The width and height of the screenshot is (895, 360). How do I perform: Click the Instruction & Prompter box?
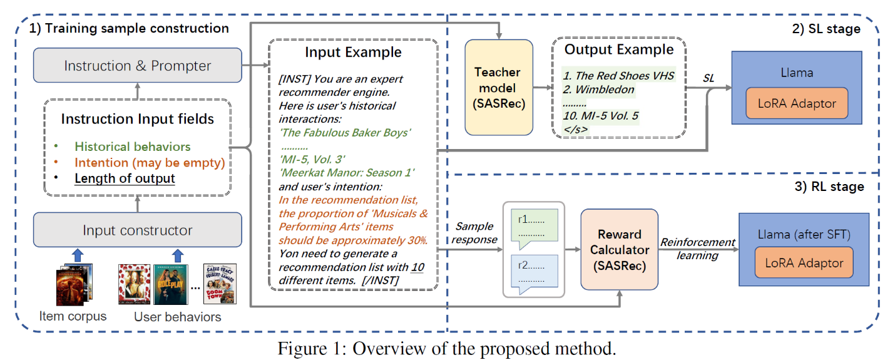(137, 66)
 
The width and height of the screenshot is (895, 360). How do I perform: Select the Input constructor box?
(137, 230)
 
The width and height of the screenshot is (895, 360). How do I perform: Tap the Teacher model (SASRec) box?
(498, 87)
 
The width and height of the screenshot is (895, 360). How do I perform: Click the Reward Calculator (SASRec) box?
(619, 250)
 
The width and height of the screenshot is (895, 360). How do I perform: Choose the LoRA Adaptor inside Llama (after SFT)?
(804, 264)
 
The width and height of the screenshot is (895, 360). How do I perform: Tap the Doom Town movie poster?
(221, 284)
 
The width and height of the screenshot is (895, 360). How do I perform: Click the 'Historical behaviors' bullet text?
(132, 147)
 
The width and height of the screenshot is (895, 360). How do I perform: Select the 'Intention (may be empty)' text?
(149, 163)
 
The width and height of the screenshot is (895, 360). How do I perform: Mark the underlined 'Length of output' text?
(125, 179)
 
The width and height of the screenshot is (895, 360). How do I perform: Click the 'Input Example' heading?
(353, 51)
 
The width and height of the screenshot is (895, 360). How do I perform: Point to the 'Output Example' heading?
(619, 49)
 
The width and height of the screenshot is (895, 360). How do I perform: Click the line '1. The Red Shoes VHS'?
(618, 76)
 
